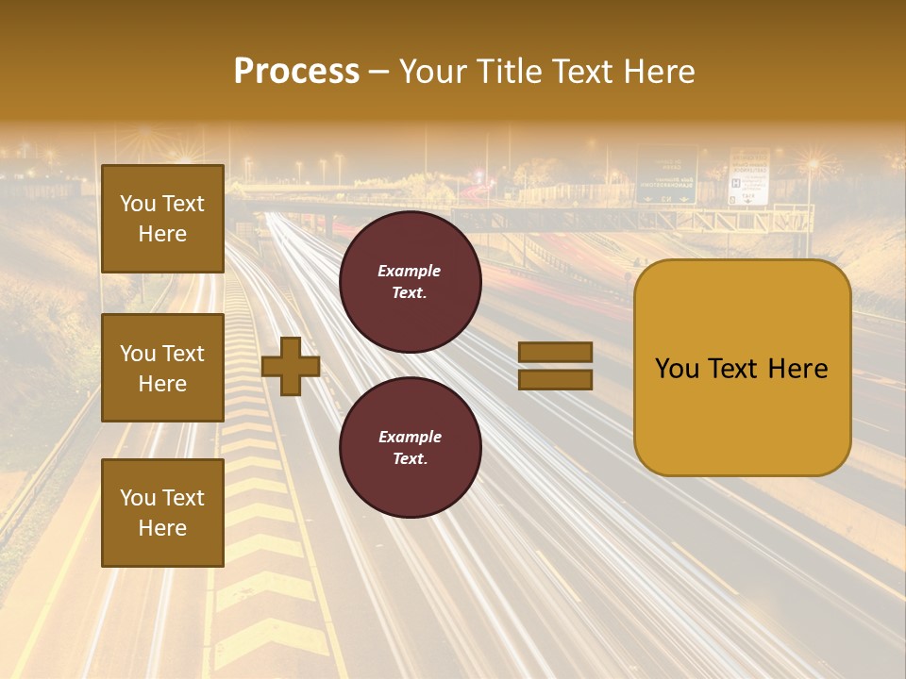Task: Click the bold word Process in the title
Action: (x=296, y=72)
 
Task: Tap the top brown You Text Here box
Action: (x=162, y=219)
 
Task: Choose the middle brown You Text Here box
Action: (x=162, y=368)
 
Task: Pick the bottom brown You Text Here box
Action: (x=162, y=512)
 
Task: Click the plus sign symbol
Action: (x=291, y=367)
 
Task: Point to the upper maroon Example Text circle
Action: (x=410, y=282)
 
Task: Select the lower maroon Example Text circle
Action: (x=410, y=448)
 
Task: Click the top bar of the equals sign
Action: (x=555, y=353)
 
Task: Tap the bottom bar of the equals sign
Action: (x=555, y=380)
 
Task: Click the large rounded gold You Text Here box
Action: (x=742, y=368)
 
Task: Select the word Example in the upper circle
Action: (x=410, y=271)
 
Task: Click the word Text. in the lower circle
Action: (x=410, y=459)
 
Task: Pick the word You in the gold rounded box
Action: (x=677, y=369)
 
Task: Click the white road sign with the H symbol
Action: (x=748, y=178)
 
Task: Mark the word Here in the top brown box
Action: (x=162, y=234)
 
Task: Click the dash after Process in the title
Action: (x=378, y=72)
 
